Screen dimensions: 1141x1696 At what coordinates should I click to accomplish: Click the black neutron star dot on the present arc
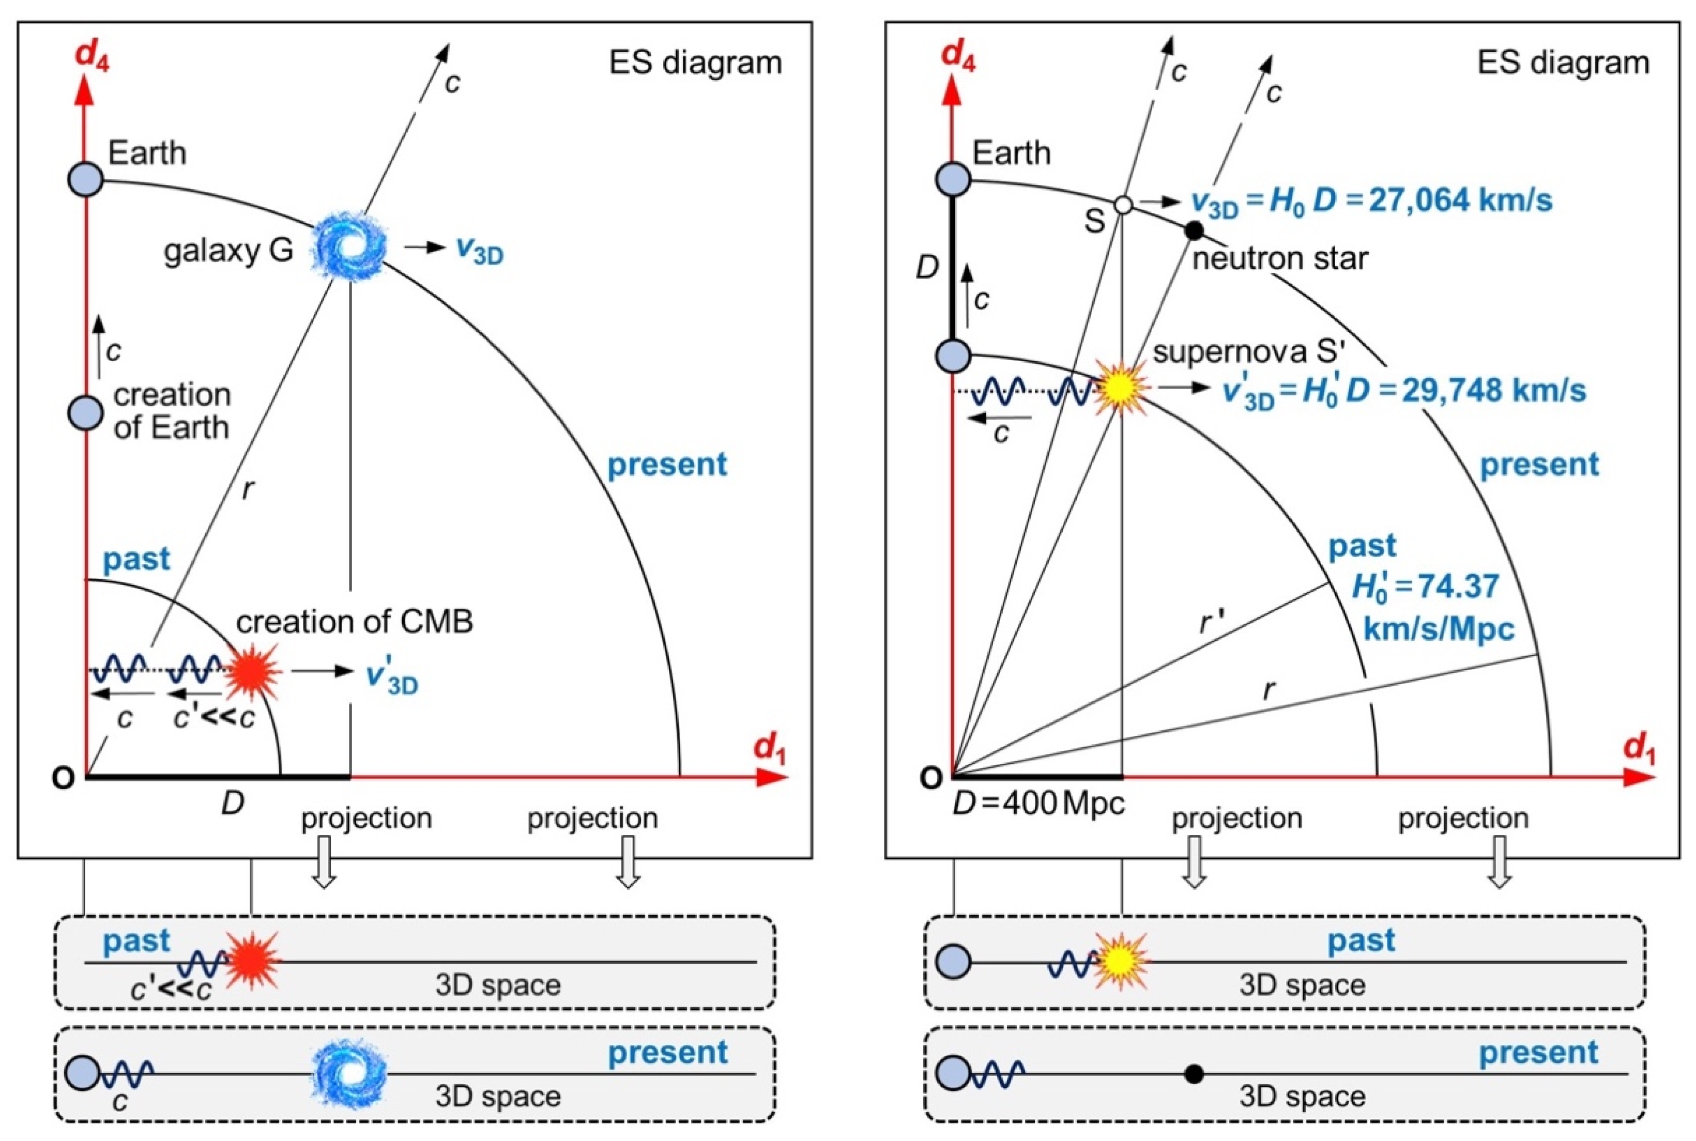tap(1194, 230)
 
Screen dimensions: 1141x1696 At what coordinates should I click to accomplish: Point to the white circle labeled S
tap(1123, 205)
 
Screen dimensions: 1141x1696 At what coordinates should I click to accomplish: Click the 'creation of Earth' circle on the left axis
tap(85, 412)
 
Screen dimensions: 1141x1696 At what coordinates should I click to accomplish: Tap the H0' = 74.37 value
tap(1425, 587)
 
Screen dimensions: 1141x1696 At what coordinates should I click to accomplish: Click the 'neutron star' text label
tap(1280, 258)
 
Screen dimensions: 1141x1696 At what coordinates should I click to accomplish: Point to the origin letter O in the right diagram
tap(931, 778)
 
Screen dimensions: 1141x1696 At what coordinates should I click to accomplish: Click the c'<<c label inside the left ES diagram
tap(215, 717)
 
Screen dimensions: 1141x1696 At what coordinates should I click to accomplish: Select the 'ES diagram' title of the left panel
tap(695, 64)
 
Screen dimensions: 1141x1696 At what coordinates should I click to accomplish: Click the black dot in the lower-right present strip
tap(1193, 1073)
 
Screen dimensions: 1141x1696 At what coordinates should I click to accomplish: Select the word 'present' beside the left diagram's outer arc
tap(667, 464)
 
